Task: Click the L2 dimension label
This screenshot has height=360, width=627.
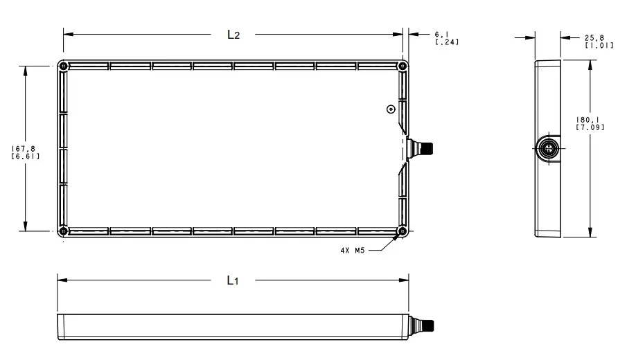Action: (233, 35)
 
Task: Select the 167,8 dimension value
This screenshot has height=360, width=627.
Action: (26, 147)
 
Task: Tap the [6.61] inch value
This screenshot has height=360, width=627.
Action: (26, 156)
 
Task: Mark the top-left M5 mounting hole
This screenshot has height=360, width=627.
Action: (63, 66)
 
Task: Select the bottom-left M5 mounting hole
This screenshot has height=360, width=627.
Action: (63, 231)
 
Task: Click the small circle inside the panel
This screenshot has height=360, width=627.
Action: (391, 109)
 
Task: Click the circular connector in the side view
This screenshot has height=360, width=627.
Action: (549, 148)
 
